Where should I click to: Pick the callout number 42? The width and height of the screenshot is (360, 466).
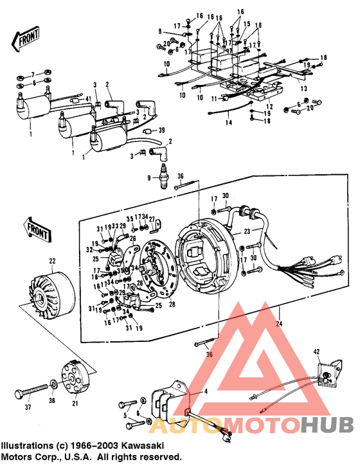(316, 351)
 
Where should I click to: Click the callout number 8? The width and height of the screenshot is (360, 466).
(161, 30)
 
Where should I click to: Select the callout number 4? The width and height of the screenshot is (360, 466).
(206, 390)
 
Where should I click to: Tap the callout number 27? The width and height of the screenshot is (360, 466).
(152, 219)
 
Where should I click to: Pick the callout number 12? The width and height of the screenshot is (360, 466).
(270, 107)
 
